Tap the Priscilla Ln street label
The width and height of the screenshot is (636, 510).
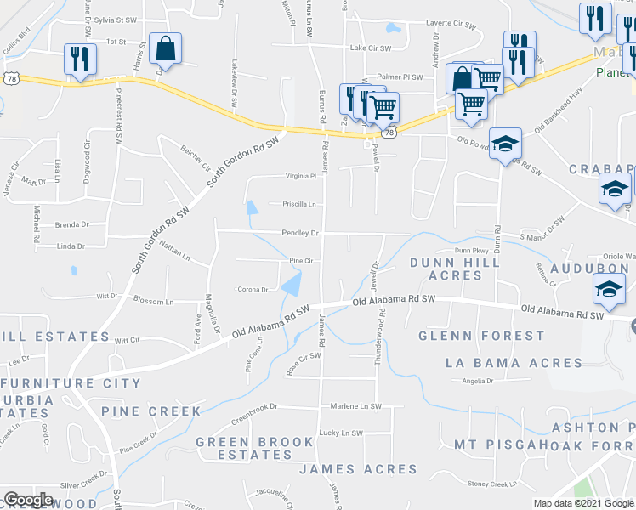pyautogui.click(x=299, y=204)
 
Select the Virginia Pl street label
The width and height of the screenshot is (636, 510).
pyautogui.click(x=299, y=176)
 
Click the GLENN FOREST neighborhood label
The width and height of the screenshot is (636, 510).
pyautogui.click(x=480, y=336)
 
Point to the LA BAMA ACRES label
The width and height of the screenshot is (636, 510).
pyautogui.click(x=514, y=363)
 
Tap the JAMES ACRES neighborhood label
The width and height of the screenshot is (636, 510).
pyautogui.click(x=358, y=469)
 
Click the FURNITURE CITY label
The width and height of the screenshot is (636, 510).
pyautogui.click(x=59, y=383)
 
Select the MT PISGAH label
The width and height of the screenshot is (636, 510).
pyautogui.click(x=497, y=444)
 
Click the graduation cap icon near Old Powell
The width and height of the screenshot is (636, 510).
pyautogui.click(x=505, y=144)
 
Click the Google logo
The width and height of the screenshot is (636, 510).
pyautogui.click(x=29, y=500)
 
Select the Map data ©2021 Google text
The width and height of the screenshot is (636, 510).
pyautogui.click(x=583, y=503)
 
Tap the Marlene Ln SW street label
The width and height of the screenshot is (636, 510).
pyautogui.click(x=355, y=406)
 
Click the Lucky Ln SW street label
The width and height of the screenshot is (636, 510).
pyautogui.click(x=340, y=433)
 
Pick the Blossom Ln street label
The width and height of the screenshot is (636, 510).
pyautogui.click(x=153, y=302)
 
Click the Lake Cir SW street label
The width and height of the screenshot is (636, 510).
pyautogui.click(x=370, y=49)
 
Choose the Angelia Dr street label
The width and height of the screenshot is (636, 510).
pyautogui.click(x=479, y=382)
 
